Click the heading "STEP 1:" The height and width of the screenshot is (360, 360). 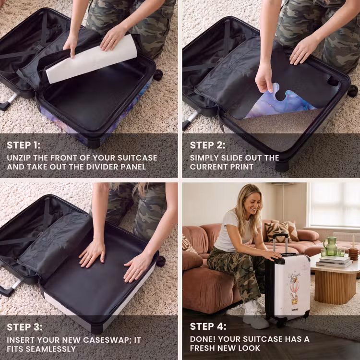(24, 145)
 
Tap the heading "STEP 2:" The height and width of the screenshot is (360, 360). (207, 145)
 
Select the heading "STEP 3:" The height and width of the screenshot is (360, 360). (24, 327)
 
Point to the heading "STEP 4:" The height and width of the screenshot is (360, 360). (208, 326)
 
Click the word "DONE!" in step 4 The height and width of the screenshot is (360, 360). (203, 339)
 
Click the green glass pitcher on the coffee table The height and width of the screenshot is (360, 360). (330, 246)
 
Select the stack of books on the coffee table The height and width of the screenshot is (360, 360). (334, 262)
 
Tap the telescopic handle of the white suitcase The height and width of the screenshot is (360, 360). (280, 243)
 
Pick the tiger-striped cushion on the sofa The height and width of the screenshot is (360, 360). (277, 231)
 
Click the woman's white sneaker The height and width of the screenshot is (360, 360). (255, 315)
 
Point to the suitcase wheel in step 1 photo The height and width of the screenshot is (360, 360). (158, 75)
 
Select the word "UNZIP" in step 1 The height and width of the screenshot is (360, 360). (19, 158)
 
